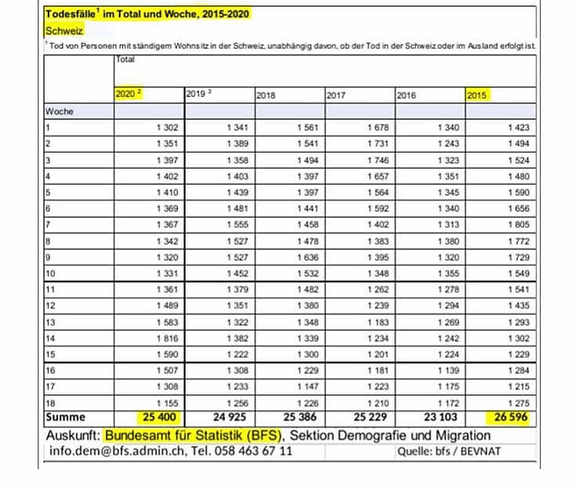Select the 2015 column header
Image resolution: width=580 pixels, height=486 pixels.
click(x=478, y=95)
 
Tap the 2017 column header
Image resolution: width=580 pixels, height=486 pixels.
click(x=337, y=95)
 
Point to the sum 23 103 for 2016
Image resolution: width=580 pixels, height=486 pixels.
click(x=444, y=417)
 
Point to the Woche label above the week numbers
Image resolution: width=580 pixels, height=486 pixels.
click(x=60, y=111)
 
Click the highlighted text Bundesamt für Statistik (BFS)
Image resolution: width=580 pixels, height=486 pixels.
click(x=194, y=434)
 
